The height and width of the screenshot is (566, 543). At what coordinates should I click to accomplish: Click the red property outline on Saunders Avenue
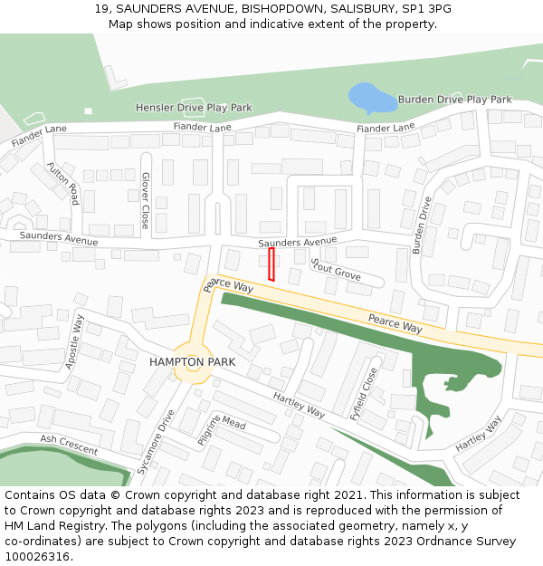[x=271, y=264]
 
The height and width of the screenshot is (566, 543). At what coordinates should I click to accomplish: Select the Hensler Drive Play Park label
[x=194, y=108]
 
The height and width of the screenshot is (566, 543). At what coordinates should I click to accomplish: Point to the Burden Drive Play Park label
[x=454, y=100]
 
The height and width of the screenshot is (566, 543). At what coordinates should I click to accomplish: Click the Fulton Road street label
[x=63, y=183]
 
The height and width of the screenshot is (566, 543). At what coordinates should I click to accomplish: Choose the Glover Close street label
[x=145, y=200]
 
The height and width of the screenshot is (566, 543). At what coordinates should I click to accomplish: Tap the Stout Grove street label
[x=336, y=269]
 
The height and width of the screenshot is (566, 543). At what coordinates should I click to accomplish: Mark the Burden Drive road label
[x=423, y=225]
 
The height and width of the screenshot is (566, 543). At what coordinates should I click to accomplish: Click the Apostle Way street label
[x=74, y=341]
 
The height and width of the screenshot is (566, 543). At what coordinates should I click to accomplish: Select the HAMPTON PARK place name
[x=192, y=362]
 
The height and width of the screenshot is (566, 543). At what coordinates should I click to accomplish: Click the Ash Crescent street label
[x=68, y=445]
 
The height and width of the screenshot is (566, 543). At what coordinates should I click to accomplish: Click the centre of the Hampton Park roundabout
[x=193, y=361]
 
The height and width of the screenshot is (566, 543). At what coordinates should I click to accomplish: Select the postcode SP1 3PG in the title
[x=427, y=9]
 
